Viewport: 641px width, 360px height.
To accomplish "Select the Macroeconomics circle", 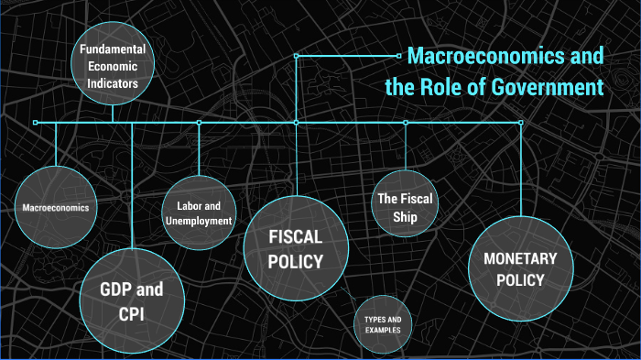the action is tap(56, 207).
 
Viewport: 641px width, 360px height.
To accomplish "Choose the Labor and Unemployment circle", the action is tap(199, 213).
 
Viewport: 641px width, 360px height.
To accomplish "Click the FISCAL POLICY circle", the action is tap(296, 248).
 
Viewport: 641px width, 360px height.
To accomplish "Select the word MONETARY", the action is tap(520, 258).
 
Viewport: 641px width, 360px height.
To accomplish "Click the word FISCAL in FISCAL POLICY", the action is tap(296, 237).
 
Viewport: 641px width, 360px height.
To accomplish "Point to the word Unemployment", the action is tap(199, 220).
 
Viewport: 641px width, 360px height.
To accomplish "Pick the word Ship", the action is tap(405, 217).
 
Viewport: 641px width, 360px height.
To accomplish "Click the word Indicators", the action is tap(114, 82).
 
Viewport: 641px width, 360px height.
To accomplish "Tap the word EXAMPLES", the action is tap(382, 330).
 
